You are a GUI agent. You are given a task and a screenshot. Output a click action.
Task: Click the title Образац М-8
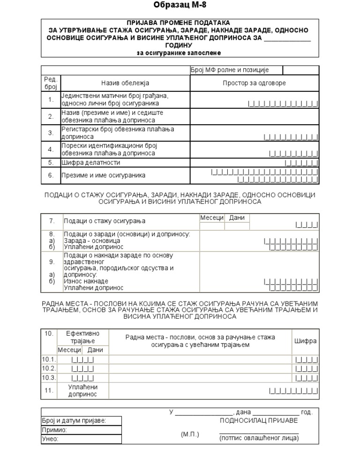[x=180, y=6]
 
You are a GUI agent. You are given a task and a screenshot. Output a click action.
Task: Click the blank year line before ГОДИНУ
[x=287, y=38]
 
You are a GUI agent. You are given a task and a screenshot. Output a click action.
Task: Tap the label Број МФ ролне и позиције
[x=229, y=70]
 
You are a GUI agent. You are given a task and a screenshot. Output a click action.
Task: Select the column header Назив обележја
[x=125, y=83]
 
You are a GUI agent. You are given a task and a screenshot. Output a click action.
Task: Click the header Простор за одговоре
[x=254, y=83]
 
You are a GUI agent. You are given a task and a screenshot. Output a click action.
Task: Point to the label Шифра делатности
[x=91, y=163]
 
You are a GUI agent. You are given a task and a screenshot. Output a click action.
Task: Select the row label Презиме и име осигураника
[x=103, y=175]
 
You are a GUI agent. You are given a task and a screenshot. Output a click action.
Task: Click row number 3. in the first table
[x=51, y=133]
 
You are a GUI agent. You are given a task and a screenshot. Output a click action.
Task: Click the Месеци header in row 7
[x=212, y=218]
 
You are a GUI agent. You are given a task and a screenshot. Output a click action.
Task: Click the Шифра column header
[x=305, y=341]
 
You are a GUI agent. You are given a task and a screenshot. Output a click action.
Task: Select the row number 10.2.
[x=49, y=368]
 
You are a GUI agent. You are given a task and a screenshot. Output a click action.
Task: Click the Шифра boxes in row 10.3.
[x=307, y=378]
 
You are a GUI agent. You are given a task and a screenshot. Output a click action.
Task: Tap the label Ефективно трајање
[x=82, y=337]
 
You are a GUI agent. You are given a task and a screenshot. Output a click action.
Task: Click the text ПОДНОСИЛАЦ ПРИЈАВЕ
[x=259, y=421]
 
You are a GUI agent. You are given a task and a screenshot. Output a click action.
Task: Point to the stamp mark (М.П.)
[x=190, y=435]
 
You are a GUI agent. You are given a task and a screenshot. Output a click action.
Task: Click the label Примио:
[x=54, y=430]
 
